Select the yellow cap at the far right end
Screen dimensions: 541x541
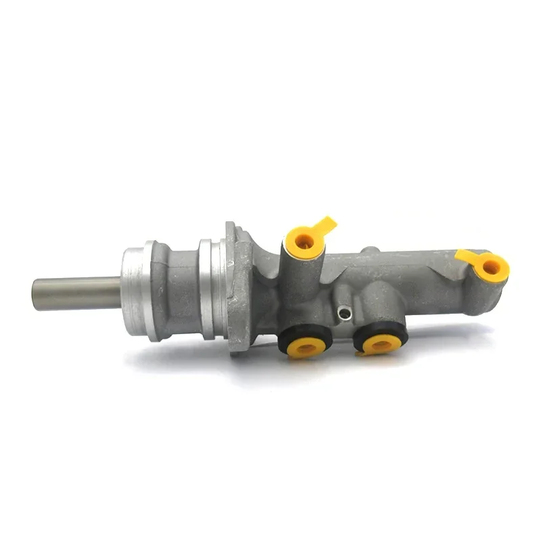[490, 266]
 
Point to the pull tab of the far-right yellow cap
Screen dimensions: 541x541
[467, 256]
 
